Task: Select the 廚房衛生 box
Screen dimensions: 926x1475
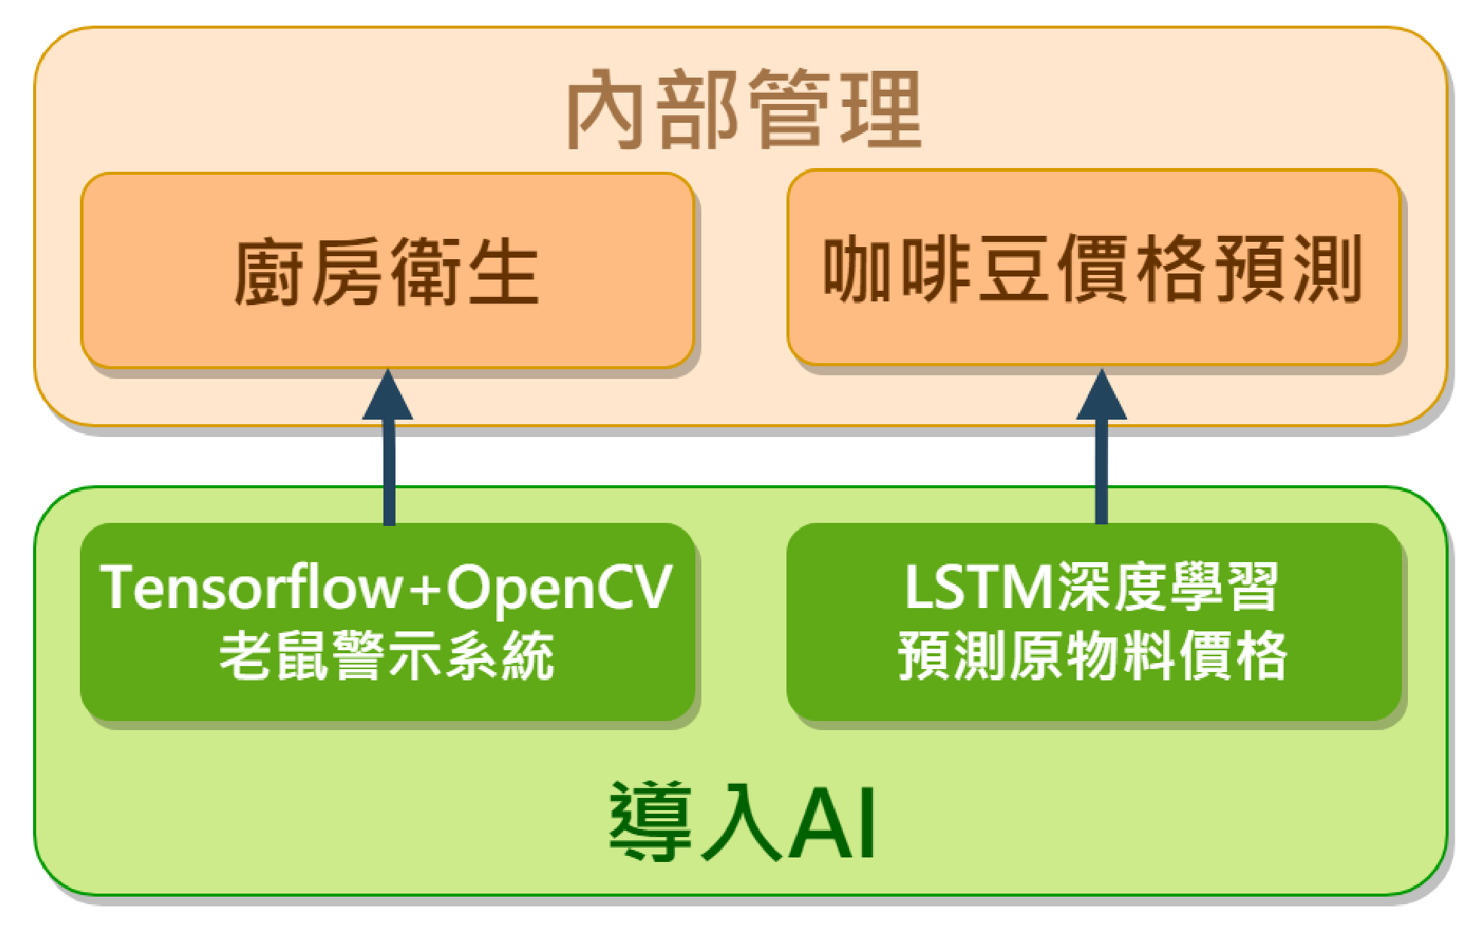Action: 387,271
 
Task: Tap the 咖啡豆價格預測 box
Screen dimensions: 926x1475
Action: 1094,268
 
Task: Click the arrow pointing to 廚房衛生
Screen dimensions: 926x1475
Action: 388,452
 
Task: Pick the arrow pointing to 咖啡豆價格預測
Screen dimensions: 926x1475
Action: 1101,452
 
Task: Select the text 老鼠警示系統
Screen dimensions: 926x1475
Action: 387,656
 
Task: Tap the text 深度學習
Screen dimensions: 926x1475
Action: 1168,588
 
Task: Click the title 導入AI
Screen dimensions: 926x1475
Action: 743,821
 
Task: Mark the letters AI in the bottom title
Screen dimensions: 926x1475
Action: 832,823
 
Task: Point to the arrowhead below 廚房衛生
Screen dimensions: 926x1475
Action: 388,396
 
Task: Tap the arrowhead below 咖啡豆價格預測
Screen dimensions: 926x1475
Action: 1101,396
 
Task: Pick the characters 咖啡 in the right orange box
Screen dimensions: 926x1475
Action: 896,268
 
